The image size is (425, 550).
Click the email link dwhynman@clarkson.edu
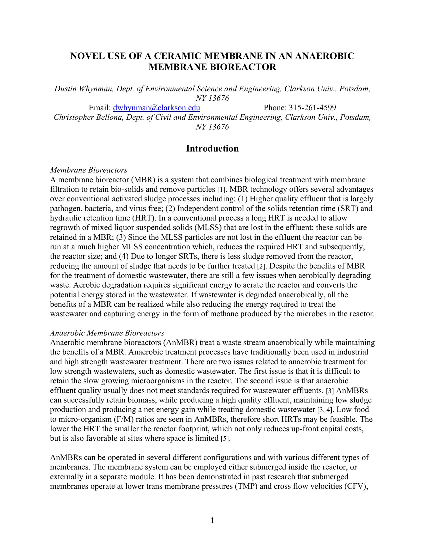click(156, 108)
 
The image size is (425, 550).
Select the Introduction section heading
click(212, 148)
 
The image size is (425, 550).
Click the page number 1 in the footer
click(212, 520)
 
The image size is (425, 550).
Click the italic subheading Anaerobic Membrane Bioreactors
click(107, 333)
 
